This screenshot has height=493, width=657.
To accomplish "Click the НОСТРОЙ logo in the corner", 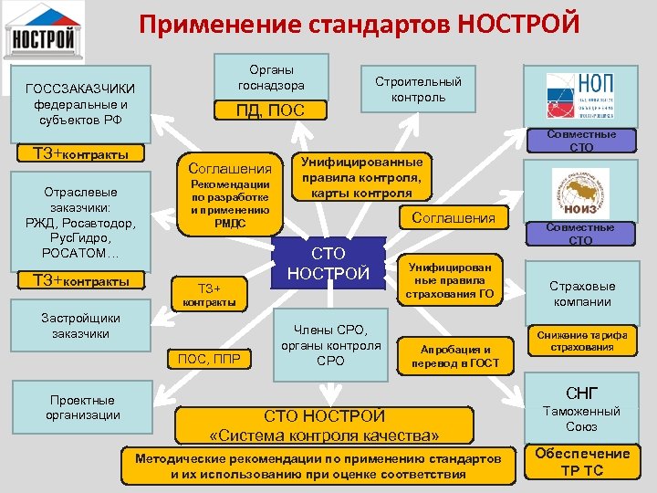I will tap(44, 31).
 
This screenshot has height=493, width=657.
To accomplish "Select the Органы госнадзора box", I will tap(271, 79).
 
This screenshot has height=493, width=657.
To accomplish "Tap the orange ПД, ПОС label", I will tap(271, 111).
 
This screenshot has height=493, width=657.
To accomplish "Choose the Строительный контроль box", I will tap(418, 89).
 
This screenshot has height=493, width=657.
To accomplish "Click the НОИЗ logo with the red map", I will tap(580, 194).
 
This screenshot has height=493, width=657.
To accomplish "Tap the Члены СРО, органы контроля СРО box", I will tap(330, 344).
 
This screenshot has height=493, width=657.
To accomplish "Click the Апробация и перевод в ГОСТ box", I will tap(450, 356).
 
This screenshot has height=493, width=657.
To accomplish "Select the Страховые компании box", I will tap(581, 293).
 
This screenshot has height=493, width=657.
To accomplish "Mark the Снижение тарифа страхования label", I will tap(581, 341).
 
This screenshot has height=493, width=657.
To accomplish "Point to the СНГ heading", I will tap(581, 393).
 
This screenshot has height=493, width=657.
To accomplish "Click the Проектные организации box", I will tap(82, 407).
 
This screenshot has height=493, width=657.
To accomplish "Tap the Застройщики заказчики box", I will tap(82, 326).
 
